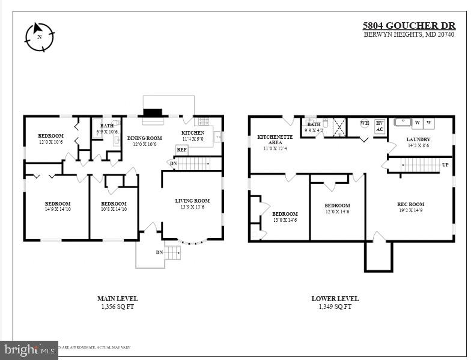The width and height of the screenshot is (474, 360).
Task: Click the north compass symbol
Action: [39, 37]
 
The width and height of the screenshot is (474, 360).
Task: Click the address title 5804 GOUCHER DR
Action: [409, 26]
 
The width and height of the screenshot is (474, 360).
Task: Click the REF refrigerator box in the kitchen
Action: [181, 150]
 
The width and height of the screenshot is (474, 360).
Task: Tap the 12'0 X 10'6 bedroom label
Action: [50, 139]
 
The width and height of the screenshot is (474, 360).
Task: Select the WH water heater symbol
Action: [364, 124]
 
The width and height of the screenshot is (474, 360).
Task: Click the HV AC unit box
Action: [379, 126]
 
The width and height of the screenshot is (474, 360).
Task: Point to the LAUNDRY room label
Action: [418, 142]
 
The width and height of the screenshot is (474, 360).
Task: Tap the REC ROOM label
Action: [410, 207]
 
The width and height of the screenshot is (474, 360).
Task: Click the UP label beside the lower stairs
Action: [445, 164]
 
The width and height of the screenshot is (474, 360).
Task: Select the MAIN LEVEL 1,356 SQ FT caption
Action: [117, 302]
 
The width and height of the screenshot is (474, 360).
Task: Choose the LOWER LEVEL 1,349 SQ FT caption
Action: [335, 302]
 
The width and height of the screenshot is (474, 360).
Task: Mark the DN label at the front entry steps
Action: [159, 252]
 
